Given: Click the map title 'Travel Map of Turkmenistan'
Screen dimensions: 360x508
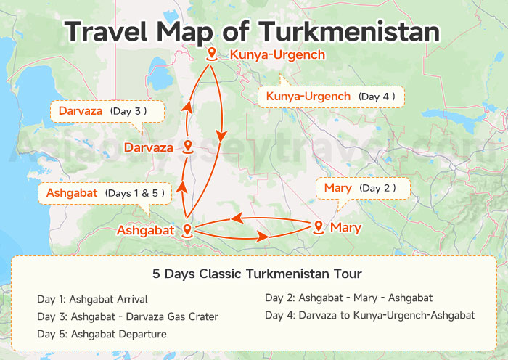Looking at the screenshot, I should coord(252,31).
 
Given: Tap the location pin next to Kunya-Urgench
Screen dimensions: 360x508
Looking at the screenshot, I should coord(212,53).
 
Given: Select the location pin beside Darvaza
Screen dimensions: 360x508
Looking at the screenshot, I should coord(187,147).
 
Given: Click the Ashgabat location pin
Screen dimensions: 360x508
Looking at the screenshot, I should coord(187,230).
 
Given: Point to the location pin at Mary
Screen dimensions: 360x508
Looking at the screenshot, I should coord(318,227).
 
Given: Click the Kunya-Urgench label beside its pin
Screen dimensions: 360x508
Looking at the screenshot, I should coord(277,54).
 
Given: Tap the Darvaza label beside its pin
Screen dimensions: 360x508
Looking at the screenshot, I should coord(148,147).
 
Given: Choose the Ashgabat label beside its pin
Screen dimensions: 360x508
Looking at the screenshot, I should coord(145,231).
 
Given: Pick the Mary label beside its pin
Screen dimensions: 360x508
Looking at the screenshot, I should coord(345,228).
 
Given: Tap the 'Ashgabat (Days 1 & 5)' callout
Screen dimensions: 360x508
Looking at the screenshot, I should coord(104,193).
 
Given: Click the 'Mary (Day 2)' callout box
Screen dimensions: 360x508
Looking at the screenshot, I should coord(363,189).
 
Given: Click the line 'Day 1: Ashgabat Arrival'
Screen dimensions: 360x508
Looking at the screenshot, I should coord(92,299).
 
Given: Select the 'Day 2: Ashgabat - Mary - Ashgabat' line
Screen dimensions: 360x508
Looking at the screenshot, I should coord(348,298).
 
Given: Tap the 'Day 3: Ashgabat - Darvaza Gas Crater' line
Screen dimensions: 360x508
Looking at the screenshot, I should coord(127,316).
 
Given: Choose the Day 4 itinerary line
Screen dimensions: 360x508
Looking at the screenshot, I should coord(369,315).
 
